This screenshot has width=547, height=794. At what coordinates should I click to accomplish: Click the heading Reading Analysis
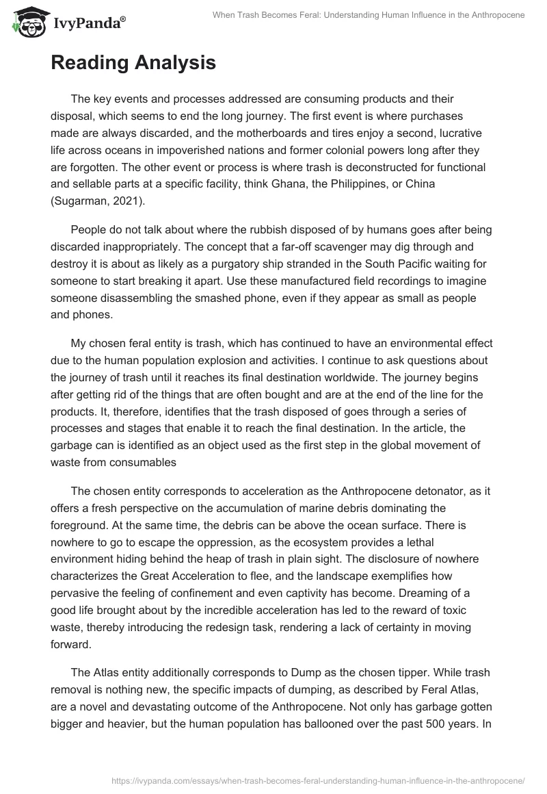click(x=133, y=63)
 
